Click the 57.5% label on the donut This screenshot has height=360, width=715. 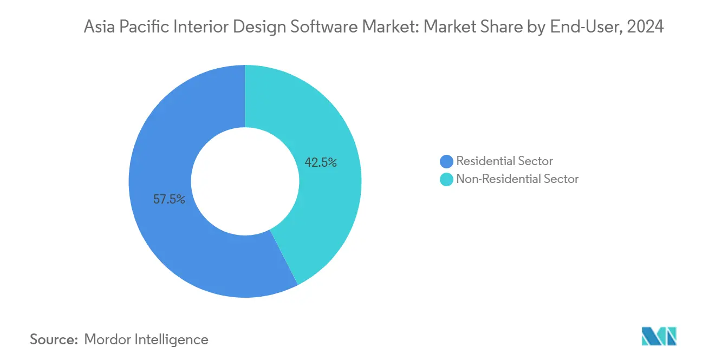pos(169,199)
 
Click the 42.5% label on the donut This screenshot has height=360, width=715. pos(321,162)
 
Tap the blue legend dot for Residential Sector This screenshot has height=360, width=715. pos(447,161)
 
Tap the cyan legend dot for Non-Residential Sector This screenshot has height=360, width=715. pos(447,179)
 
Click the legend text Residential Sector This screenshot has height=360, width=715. pos(504,161)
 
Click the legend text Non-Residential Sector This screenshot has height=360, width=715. pos(517,179)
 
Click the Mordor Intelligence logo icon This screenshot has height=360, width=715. pos(659,336)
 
